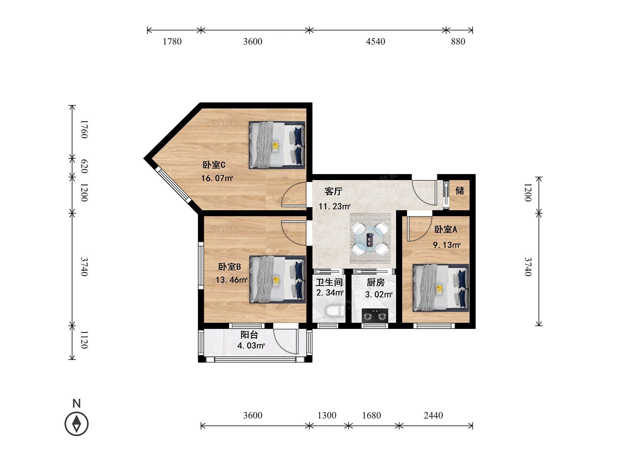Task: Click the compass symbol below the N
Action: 77,423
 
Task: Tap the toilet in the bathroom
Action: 335,311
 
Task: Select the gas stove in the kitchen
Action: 375,316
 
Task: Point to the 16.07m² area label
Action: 217,178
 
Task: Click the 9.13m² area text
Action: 447,245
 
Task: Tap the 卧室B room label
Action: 230,267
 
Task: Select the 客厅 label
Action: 334,191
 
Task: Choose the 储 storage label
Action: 460,190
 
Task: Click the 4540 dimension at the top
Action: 375,42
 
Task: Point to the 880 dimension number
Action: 458,42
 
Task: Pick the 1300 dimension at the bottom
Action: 327,415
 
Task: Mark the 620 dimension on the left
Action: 84,166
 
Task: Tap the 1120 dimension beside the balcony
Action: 84,340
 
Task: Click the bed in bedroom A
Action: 441,288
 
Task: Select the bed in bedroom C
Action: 277,145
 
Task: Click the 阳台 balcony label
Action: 249,335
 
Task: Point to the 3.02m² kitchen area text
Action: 379,294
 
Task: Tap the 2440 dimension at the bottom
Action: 433,415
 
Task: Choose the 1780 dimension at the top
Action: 172,42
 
